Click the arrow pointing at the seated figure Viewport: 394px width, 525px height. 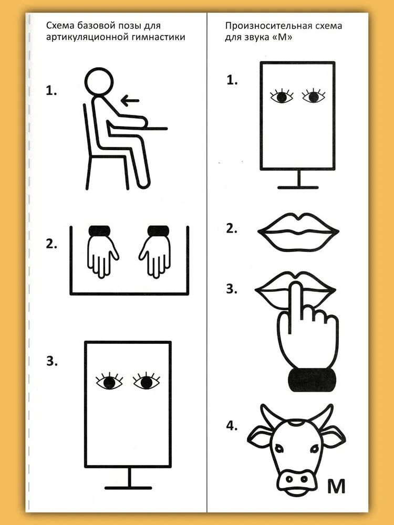coord(130,100)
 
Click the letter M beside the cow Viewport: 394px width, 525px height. coord(336,487)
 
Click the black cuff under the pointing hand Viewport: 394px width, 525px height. coord(312,380)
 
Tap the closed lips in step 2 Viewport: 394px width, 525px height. coord(298,232)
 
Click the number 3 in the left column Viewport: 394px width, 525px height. coord(51,361)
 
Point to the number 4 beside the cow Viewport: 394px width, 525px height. coord(232,426)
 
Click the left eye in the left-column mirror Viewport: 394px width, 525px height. coord(109,381)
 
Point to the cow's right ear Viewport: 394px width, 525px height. coord(335,437)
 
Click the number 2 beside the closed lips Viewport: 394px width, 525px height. coord(232,228)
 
